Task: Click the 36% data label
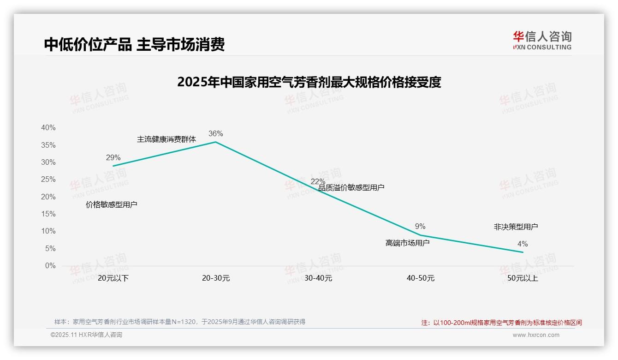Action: pos(215,134)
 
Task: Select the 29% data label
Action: pos(113,157)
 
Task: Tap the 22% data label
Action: pos(318,181)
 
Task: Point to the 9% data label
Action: pos(420,227)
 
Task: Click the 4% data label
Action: pos(523,244)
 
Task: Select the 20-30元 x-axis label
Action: pos(215,278)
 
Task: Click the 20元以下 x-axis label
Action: pos(113,278)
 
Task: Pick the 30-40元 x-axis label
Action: pos(318,278)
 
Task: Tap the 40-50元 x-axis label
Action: pos(420,278)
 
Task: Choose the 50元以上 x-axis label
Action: pos(523,278)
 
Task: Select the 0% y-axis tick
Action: pos(50,266)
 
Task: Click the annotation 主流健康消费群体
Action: pos(166,139)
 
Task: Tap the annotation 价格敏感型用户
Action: pos(112,204)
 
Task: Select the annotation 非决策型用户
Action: pos(516,227)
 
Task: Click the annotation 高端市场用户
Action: pos(407,243)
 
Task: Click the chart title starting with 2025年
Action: pos(309,82)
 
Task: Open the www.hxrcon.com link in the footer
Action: pos(536,335)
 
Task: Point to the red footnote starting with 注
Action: pos(501,323)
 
